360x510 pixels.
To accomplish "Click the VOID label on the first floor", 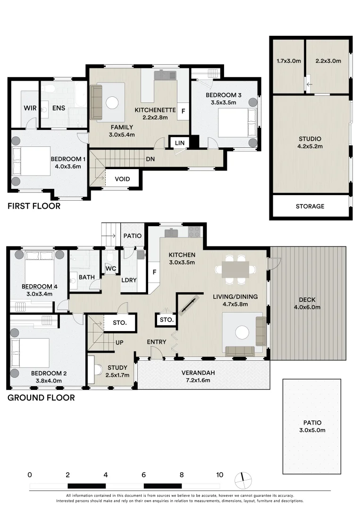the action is click(122, 179).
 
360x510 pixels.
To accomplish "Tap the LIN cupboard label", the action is click(180, 143).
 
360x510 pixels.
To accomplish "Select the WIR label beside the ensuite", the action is click(30, 108).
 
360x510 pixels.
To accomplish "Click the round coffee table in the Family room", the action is click(112, 103).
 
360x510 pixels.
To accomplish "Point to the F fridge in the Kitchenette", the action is click(183, 111).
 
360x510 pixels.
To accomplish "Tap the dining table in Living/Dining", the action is click(235, 270).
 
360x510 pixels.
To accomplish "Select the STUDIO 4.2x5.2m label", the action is click(310, 143).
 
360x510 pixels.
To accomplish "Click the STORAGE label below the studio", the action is click(310, 206).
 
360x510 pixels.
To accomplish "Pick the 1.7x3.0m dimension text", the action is click(289, 61).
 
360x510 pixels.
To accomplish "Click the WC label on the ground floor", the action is click(111, 269).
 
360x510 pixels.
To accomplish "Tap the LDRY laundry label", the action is click(129, 280).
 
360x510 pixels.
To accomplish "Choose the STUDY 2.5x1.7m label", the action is click(117, 371).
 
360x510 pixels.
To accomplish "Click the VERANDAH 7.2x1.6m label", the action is click(198, 376).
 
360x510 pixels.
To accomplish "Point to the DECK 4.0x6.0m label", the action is click(307, 303).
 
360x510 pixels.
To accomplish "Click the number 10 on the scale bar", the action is click(220, 475).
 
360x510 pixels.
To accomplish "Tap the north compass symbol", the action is click(243, 480).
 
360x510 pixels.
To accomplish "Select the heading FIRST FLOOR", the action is click(34, 206).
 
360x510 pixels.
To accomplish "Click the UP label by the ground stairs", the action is click(119, 342).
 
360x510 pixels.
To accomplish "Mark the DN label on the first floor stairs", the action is click(150, 159).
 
